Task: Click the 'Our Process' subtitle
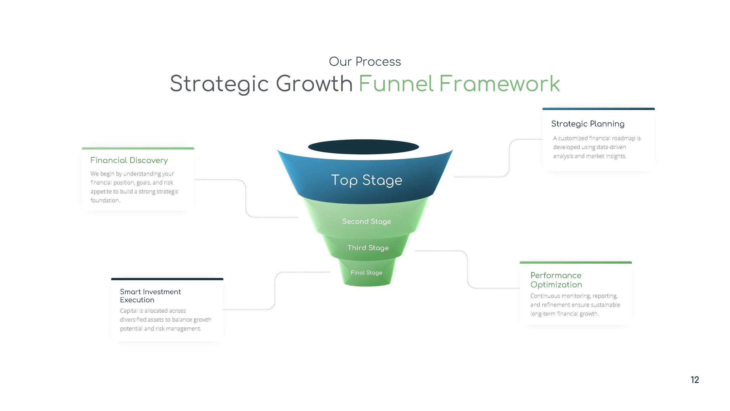(x=365, y=62)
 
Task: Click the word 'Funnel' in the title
(x=396, y=84)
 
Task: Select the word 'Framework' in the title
(x=499, y=84)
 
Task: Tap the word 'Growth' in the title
(x=314, y=84)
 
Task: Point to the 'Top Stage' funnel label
(x=366, y=180)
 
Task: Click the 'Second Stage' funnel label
(x=366, y=221)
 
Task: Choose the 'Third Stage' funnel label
(x=368, y=248)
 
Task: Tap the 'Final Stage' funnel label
(x=366, y=272)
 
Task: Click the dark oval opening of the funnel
(x=363, y=147)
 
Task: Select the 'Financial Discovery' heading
(x=129, y=160)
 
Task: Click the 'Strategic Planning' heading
(x=588, y=124)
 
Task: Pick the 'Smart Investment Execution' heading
(x=150, y=296)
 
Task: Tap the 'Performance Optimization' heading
(x=556, y=280)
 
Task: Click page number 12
(x=695, y=380)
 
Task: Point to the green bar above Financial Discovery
(x=138, y=148)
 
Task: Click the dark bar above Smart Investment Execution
(x=167, y=279)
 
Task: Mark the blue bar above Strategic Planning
(x=598, y=109)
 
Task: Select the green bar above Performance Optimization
(x=576, y=262)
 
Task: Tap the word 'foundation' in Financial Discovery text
(x=105, y=201)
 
